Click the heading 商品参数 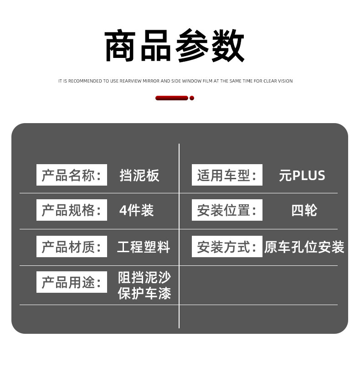175,46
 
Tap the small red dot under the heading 192,98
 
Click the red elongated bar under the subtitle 171,98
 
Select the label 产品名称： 72,175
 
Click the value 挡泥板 139,176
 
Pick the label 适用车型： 227,175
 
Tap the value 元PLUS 302,176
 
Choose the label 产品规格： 72,210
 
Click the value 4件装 136,210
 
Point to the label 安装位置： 227,210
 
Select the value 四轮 304,210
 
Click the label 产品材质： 72,247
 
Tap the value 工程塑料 144,247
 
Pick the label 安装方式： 227,247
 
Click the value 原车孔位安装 304,247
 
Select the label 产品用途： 72,282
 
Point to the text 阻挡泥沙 144,277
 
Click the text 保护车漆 144,293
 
